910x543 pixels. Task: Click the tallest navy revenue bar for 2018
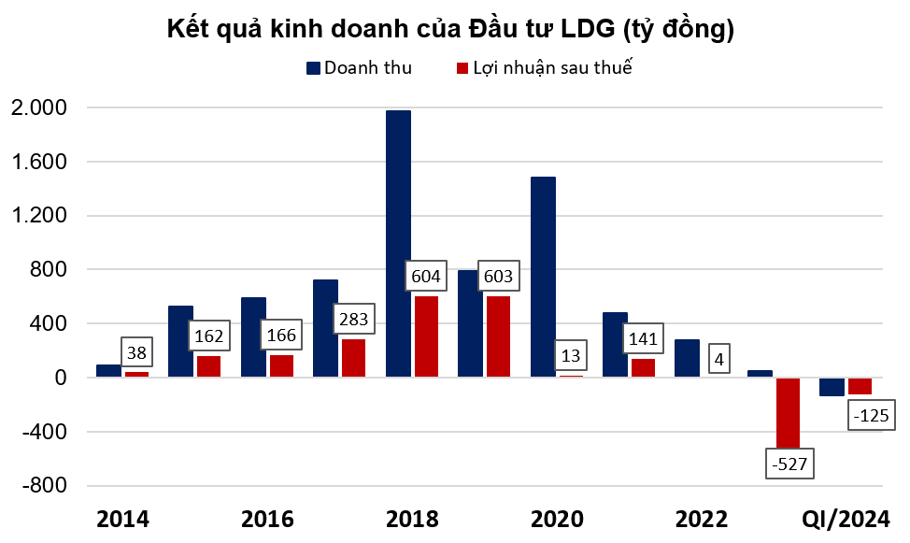(398, 244)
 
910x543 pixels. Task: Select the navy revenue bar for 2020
(543, 277)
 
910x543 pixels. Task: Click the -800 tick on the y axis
(45, 486)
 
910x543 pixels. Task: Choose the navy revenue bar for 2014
(108, 371)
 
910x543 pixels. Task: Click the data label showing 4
(718, 357)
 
